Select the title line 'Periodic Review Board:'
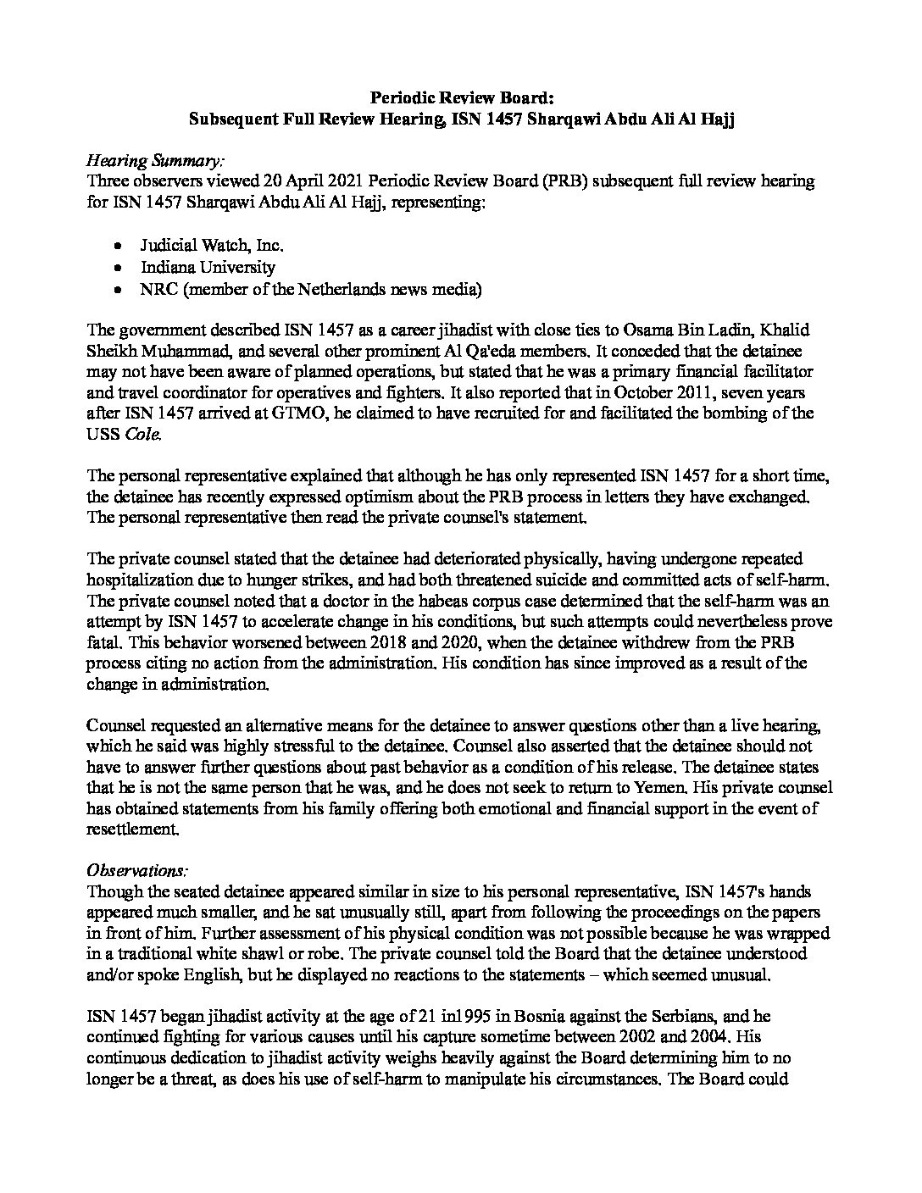461,98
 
